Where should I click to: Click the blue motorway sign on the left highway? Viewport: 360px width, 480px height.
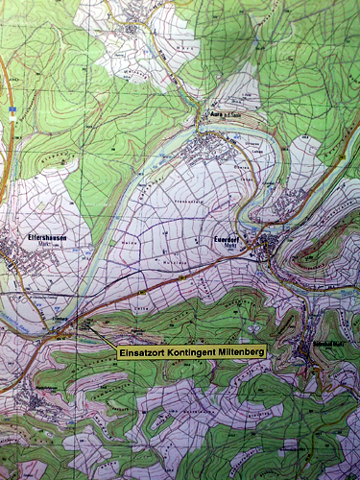tap(11, 111)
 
